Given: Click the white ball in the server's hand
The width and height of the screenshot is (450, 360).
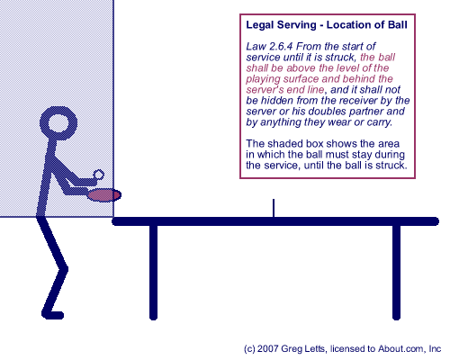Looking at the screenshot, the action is point(98,175).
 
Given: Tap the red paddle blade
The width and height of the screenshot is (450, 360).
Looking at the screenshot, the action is point(104,195).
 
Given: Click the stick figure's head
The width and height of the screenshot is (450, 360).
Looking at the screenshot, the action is point(58,123).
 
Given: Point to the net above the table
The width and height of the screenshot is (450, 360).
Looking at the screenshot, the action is point(274,208).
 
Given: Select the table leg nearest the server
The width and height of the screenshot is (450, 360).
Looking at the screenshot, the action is point(153,272).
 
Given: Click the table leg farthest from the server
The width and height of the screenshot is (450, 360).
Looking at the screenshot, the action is point(396,272).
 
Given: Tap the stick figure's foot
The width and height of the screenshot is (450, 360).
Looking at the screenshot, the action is point(53,315).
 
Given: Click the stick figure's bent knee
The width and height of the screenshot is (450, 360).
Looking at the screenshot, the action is point(64,269).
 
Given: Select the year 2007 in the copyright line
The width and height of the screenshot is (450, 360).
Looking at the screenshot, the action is point(268,348).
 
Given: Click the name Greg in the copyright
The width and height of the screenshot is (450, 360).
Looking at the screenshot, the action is point(291,349).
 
